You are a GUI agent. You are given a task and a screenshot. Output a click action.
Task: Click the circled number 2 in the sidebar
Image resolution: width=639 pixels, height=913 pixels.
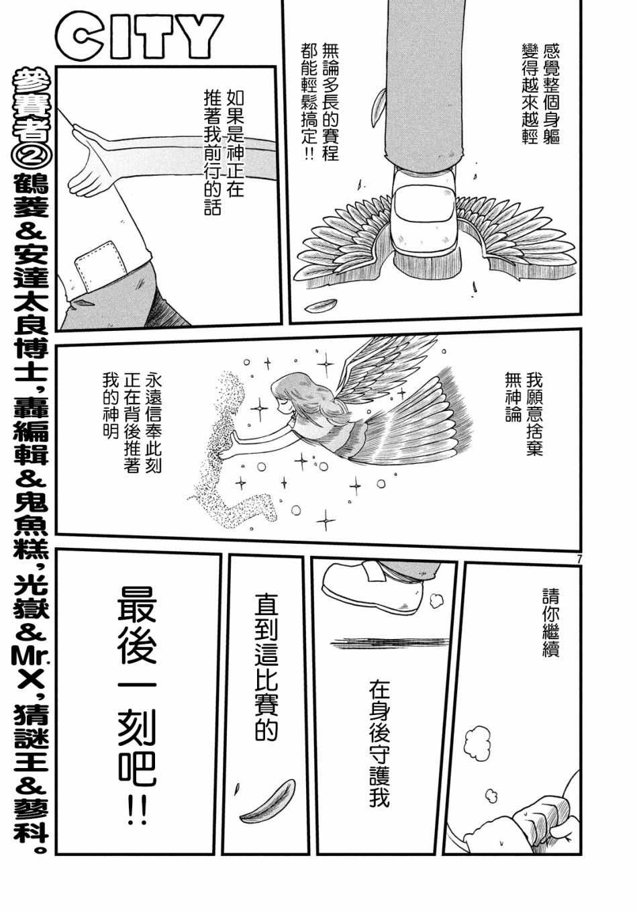(31, 154)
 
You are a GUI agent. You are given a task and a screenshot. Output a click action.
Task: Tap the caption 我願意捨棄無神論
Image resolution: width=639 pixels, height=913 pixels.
(524, 413)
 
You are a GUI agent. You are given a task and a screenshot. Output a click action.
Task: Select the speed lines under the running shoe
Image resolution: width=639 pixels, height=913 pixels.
(389, 643)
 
